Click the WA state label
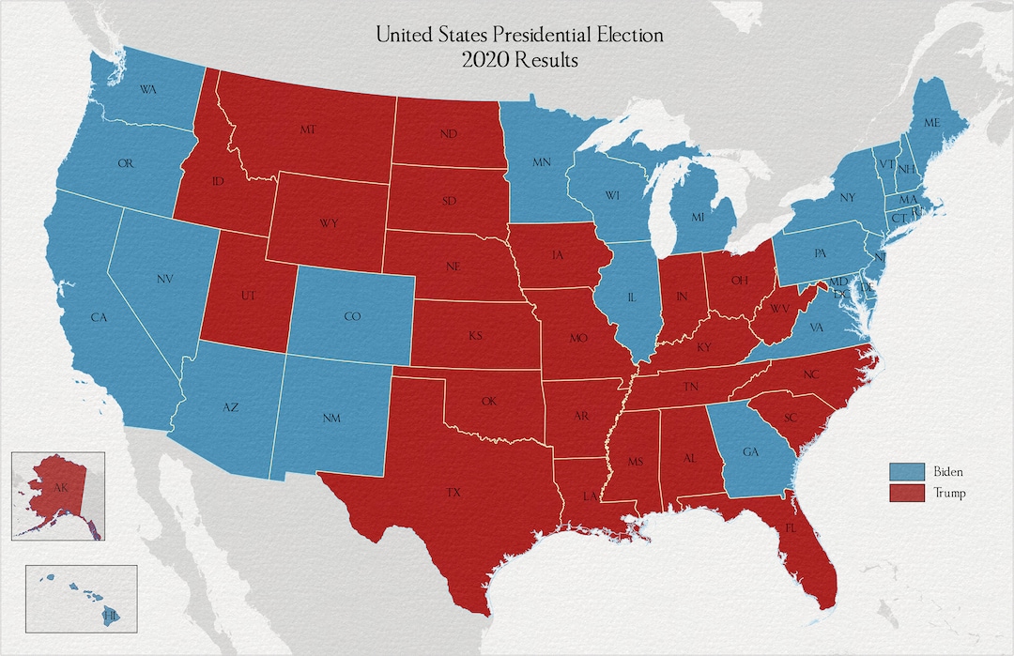click(x=148, y=90)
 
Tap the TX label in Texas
click(x=453, y=492)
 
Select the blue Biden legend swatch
click(x=904, y=471)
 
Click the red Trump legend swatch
click(x=904, y=493)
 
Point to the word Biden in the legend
click(x=947, y=471)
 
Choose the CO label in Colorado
click(x=352, y=317)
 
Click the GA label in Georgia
click(x=750, y=451)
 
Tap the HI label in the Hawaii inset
click(x=111, y=616)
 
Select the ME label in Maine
click(x=931, y=123)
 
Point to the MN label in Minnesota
click(x=542, y=163)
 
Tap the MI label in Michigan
click(x=698, y=218)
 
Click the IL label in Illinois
click(x=632, y=297)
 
